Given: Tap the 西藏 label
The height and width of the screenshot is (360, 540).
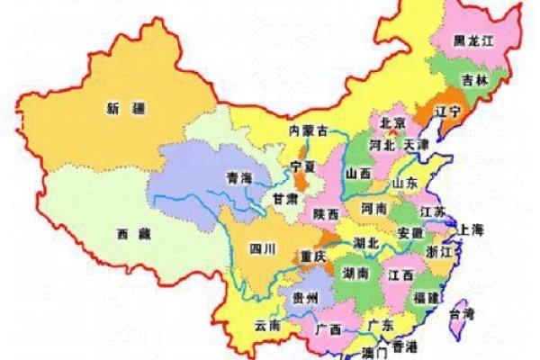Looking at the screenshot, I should point(135,234).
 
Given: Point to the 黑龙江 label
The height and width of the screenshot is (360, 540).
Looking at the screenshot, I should point(472,41).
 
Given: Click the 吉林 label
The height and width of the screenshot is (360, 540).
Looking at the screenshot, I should point(475,79).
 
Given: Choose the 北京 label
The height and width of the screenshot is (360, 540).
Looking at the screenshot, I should point(392,121).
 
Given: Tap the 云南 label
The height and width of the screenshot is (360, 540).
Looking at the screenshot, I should point(268,324).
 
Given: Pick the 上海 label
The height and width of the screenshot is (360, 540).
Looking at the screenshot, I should point(474,228).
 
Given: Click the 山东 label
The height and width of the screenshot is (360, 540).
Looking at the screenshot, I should point(405,183).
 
